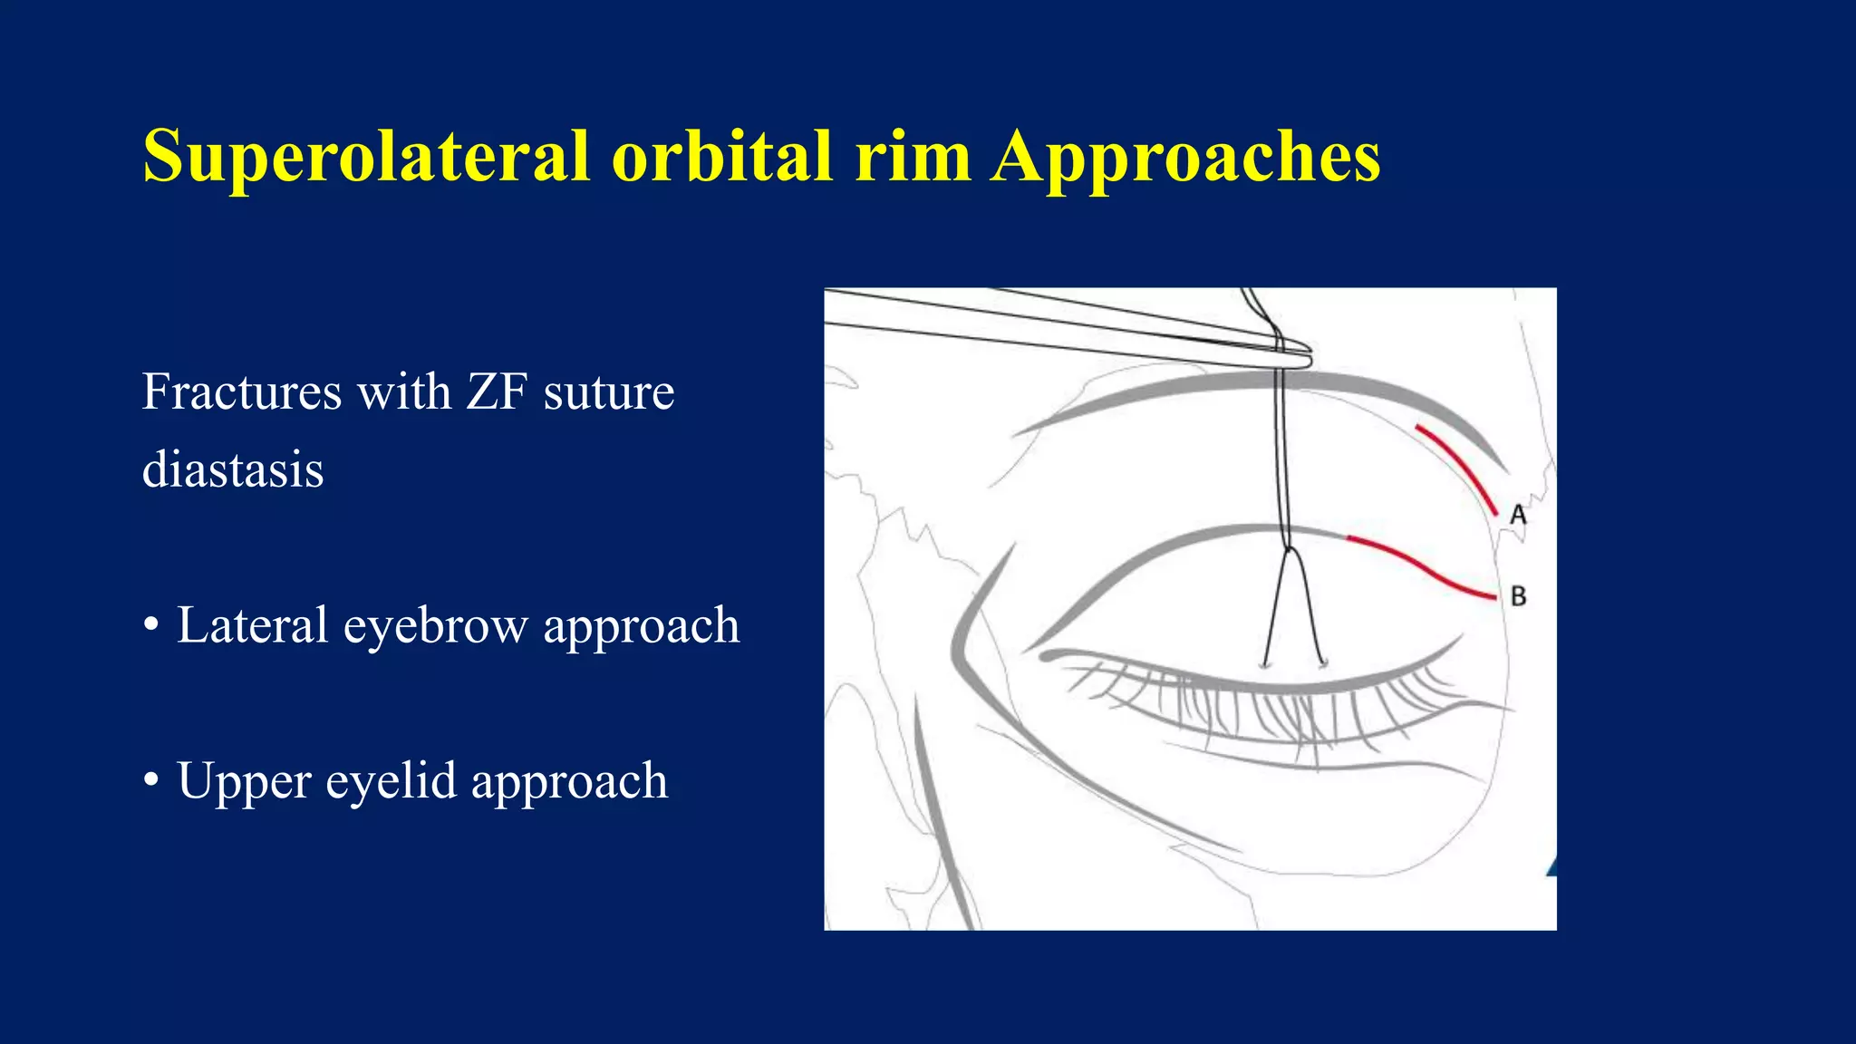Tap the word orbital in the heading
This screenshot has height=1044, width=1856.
tap(721, 156)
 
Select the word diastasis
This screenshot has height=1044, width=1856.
tap(233, 469)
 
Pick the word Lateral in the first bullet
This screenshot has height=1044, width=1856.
tap(252, 625)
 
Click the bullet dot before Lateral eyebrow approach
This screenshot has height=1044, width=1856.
tap(151, 625)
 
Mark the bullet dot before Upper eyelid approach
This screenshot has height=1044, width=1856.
tap(151, 780)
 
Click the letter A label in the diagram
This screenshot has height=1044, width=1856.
tap(1518, 516)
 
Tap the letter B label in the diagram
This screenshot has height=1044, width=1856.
tap(1519, 596)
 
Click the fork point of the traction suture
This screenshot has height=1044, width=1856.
tap(1287, 548)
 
